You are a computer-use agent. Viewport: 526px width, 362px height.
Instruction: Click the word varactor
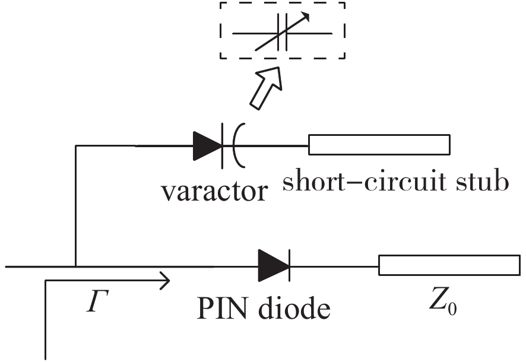[x=214, y=190]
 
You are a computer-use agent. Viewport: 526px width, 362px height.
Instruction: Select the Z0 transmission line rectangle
[x=449, y=265]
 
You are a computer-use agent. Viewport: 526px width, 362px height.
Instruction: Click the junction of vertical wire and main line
[x=76, y=266]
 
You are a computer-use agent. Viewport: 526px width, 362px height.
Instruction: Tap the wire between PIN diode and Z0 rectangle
[x=334, y=266]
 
